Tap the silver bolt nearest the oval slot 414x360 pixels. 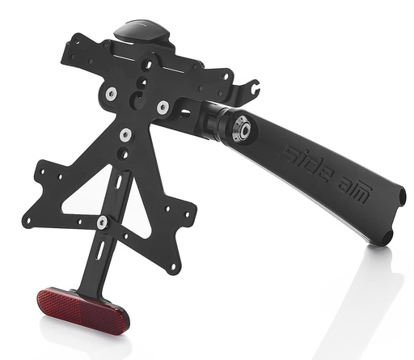click(x=163, y=107)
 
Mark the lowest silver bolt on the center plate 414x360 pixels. click(x=125, y=135)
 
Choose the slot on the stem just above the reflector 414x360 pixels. click(x=98, y=252)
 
